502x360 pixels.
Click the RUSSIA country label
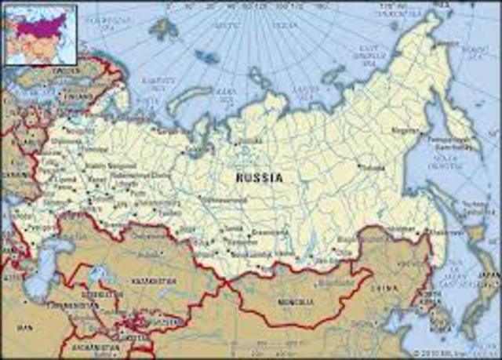[260, 178]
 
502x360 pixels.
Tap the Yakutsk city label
[376, 167]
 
